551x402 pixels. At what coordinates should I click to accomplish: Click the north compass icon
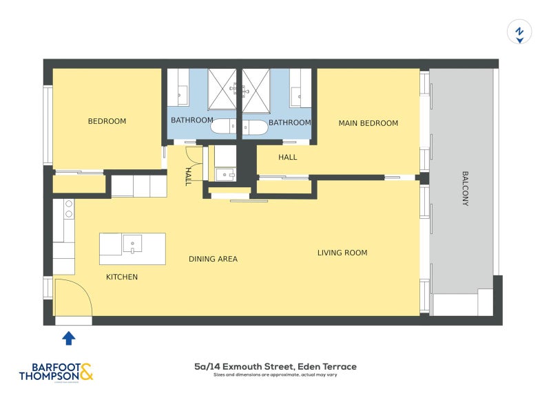click(519, 32)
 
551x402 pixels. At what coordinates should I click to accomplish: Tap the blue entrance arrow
click(69, 338)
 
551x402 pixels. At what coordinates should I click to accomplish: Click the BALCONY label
click(465, 189)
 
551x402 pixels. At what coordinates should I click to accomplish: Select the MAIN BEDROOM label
click(368, 123)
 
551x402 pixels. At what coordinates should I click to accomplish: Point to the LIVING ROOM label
click(342, 253)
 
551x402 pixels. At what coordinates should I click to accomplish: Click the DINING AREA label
click(213, 259)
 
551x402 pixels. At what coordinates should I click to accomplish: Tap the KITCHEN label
click(121, 277)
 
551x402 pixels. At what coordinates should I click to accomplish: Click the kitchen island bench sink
click(132, 244)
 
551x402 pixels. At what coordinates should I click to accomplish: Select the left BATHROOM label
click(192, 120)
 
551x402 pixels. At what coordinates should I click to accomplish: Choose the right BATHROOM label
click(289, 123)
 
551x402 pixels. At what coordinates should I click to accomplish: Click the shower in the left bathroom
click(222, 89)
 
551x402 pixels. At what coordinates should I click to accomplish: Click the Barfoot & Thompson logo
click(55, 371)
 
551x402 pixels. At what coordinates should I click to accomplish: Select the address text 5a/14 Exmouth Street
click(275, 367)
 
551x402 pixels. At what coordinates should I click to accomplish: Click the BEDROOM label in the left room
click(107, 121)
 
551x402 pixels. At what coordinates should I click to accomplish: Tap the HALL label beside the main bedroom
click(288, 158)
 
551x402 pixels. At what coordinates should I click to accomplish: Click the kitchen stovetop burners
click(68, 209)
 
